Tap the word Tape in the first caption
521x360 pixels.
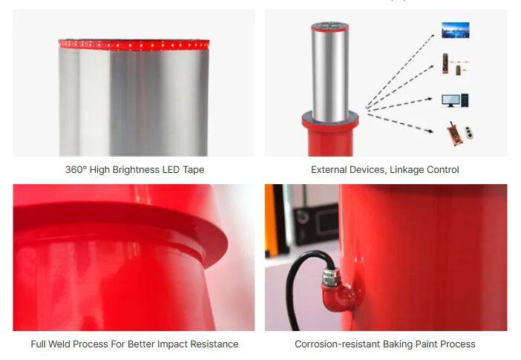click(194, 170)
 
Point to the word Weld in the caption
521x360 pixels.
click(59, 344)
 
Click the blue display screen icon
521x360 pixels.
click(456, 30)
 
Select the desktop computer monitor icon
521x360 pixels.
click(451, 100)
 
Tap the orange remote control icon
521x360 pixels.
click(454, 134)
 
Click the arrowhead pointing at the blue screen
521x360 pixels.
click(432, 36)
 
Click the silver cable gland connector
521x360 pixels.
click(330, 275)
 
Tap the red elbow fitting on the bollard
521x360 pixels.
click(339, 296)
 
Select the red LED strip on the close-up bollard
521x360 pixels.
click(134, 45)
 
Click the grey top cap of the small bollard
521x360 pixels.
click(330, 25)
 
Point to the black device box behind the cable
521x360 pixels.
click(316, 223)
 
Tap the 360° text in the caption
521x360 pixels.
click(76, 169)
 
